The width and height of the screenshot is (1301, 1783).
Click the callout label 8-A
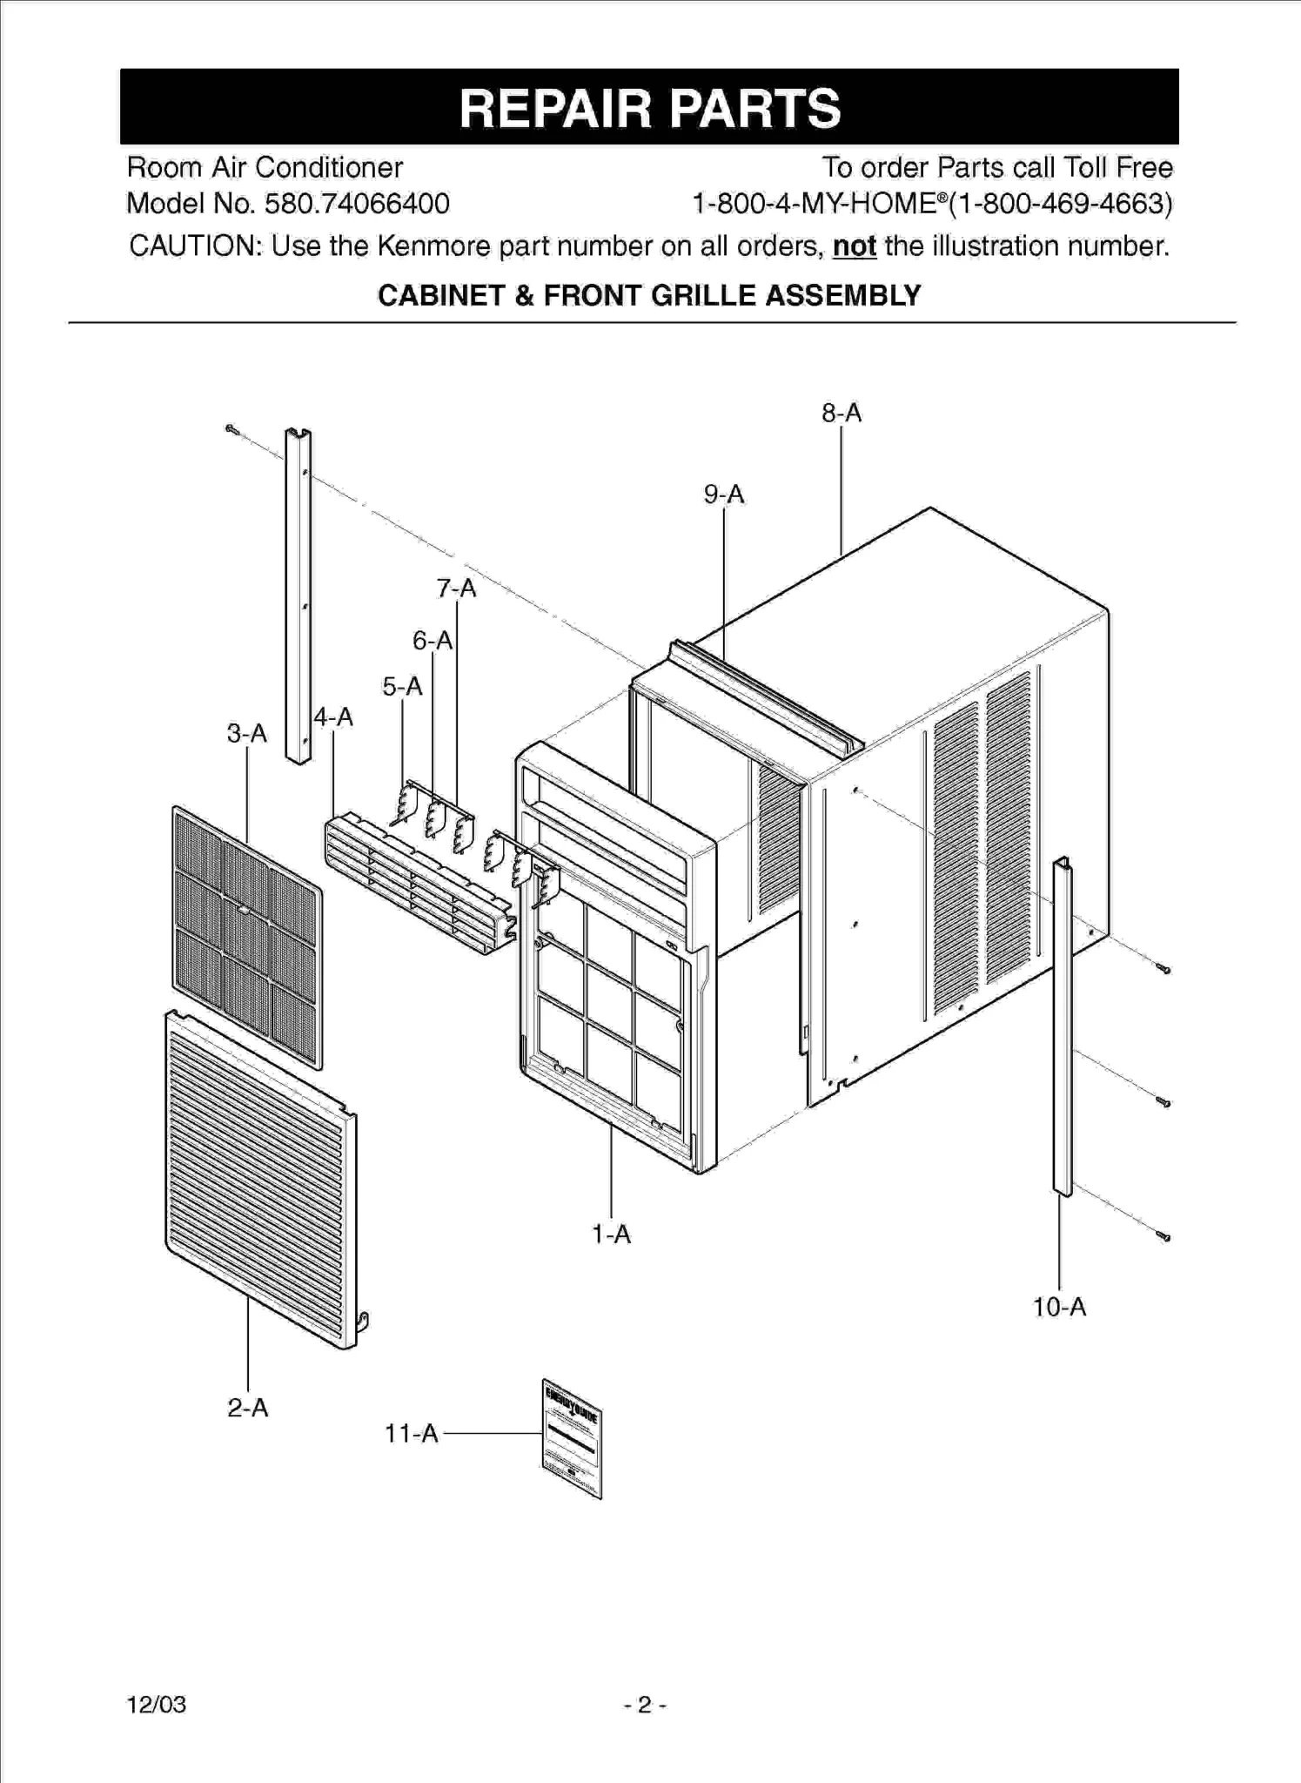[841, 413]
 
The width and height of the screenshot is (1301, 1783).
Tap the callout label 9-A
[724, 495]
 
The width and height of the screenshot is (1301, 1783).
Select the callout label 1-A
[611, 1234]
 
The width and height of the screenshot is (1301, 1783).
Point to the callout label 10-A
[1059, 1307]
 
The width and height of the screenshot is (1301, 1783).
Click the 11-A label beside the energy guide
[411, 1433]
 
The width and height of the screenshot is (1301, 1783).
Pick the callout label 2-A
[248, 1408]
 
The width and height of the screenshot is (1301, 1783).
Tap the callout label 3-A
[247, 734]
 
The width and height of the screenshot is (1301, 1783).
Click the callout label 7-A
[457, 589]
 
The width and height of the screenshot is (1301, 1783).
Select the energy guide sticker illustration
[572, 1438]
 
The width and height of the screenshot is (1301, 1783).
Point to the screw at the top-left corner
[231, 428]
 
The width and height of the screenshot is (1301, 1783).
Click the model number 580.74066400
[357, 204]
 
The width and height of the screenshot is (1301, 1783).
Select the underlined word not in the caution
[854, 246]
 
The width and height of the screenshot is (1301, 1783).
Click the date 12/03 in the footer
[157, 1705]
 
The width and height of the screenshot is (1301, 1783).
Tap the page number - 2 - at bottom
[645, 1705]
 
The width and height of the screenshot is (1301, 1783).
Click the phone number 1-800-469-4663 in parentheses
[1060, 204]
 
